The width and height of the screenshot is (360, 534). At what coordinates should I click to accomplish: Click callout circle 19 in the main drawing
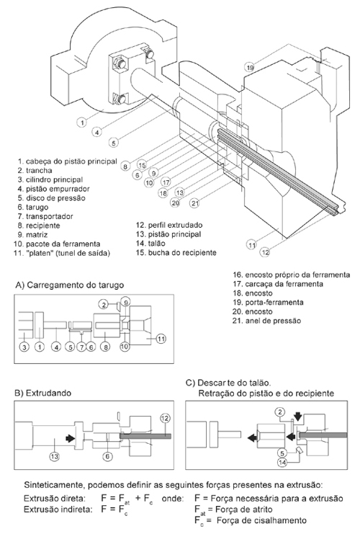tap(250, 68)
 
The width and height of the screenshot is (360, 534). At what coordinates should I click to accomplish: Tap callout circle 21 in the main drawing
tap(194, 203)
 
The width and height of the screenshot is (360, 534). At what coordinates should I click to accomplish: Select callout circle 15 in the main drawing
tap(142, 165)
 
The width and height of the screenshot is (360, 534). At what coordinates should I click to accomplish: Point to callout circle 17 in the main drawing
tap(166, 182)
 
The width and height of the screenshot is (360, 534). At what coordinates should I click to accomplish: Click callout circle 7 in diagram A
tap(81, 347)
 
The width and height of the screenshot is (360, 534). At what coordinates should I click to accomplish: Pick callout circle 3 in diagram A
tap(24, 347)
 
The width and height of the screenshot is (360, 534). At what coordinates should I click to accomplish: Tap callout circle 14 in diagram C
tap(282, 462)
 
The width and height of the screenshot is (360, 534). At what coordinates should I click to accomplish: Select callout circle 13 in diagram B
tap(54, 456)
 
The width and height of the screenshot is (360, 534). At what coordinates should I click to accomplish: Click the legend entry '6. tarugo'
tap(33, 207)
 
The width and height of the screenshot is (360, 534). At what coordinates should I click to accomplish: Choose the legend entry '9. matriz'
tap(32, 235)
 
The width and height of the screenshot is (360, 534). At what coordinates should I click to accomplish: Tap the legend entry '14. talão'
tap(150, 243)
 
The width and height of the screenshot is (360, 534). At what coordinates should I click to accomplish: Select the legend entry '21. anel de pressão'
tap(267, 321)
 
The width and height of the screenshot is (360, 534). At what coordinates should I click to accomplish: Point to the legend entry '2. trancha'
tap(35, 170)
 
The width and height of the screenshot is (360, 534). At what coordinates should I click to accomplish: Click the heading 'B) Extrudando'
tap(43, 393)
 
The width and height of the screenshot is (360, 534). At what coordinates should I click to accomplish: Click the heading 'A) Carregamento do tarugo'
tap(69, 285)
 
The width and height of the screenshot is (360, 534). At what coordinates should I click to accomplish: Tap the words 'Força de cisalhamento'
tap(261, 520)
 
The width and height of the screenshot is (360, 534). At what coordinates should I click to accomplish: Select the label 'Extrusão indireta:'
tap(58, 509)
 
